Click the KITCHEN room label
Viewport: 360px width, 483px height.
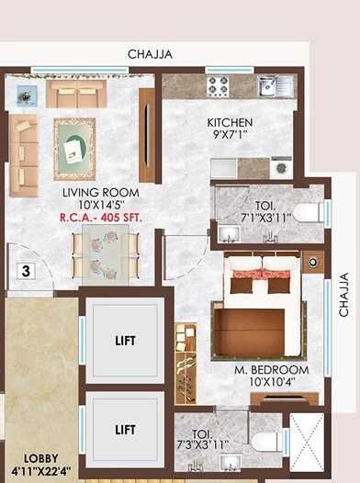(230, 123)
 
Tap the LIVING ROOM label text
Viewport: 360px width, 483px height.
(94, 193)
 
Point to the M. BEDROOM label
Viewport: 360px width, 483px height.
(270, 370)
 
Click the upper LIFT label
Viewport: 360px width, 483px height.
(126, 341)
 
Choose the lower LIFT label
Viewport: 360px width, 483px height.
(126, 429)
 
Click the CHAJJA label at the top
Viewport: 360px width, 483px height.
(151, 55)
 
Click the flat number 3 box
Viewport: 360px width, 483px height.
(27, 271)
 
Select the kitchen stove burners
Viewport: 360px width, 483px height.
(218, 86)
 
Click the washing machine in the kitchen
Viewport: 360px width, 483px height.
(281, 167)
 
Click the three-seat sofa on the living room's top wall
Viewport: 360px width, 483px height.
(77, 93)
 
